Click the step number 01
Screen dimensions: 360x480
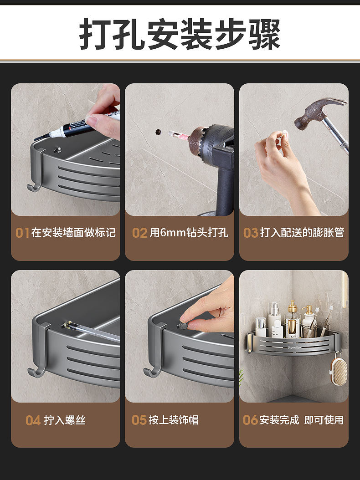22,233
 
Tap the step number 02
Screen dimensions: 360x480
140,233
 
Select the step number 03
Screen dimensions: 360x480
251,233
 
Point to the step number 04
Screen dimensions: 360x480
33,420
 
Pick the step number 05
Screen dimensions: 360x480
139,420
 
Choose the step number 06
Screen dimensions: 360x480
250,420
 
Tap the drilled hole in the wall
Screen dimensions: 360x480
158,132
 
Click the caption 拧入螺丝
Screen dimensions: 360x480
65,420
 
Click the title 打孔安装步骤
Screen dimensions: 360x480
180,34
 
